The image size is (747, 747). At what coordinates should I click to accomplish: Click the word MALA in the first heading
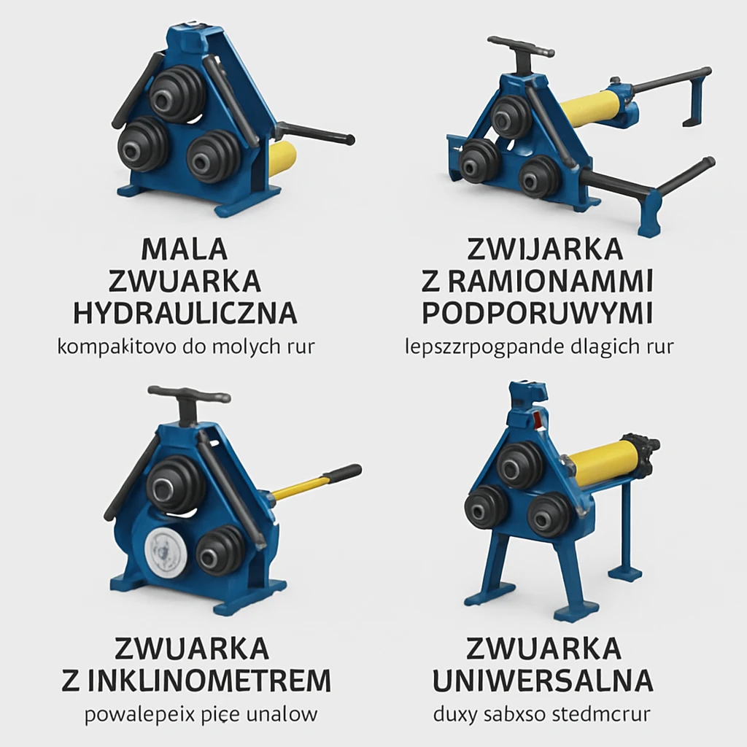click(185, 249)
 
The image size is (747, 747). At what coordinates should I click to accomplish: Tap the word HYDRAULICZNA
click(185, 313)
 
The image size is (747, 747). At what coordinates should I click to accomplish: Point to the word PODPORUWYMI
click(538, 313)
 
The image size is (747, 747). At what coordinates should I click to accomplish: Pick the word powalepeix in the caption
click(130, 714)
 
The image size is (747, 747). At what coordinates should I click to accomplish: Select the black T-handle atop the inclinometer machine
click(189, 398)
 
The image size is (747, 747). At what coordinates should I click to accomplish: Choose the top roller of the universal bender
click(519, 465)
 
